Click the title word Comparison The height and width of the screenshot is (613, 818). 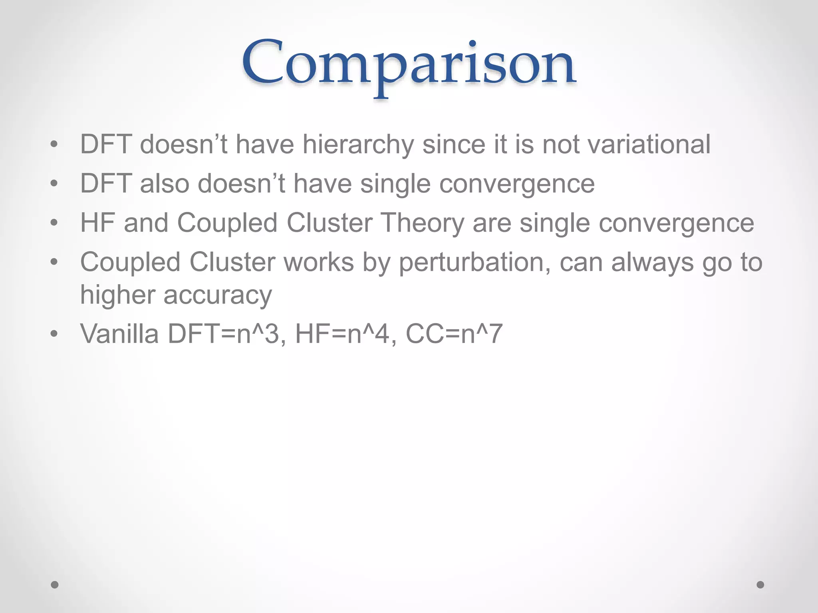click(x=408, y=64)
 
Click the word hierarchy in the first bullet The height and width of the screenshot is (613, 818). click(x=357, y=144)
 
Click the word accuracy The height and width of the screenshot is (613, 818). click(x=217, y=295)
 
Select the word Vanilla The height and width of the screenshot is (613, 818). click(x=119, y=334)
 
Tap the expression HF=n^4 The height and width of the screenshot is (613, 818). click(x=345, y=334)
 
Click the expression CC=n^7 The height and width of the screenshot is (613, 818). click(x=454, y=334)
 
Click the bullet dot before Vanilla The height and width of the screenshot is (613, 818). click(x=54, y=334)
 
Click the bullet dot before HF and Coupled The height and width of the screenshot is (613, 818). click(x=54, y=223)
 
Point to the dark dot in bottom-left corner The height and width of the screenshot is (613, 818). click(x=55, y=585)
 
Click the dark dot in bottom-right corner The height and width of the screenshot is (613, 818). click(x=760, y=585)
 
